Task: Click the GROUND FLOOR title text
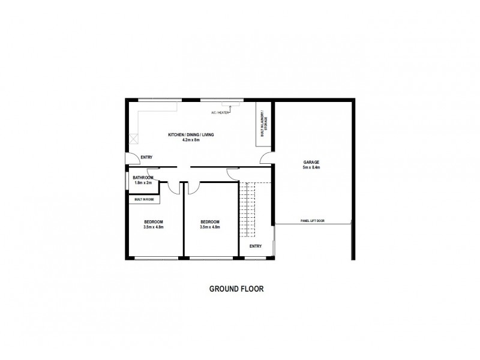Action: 236,289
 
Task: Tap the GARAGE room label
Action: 311,162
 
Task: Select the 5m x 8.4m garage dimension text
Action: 311,167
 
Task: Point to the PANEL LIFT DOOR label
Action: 312,221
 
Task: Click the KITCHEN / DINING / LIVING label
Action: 191,135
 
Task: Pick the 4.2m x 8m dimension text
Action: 191,140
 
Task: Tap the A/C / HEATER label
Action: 220,112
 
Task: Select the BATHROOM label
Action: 143,178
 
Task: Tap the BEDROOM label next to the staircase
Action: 211,222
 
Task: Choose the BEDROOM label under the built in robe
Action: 154,222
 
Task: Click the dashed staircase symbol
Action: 248,210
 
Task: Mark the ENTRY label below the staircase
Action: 255,246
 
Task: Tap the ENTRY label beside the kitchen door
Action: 146,158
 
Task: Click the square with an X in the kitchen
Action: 133,139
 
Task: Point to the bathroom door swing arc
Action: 172,188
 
